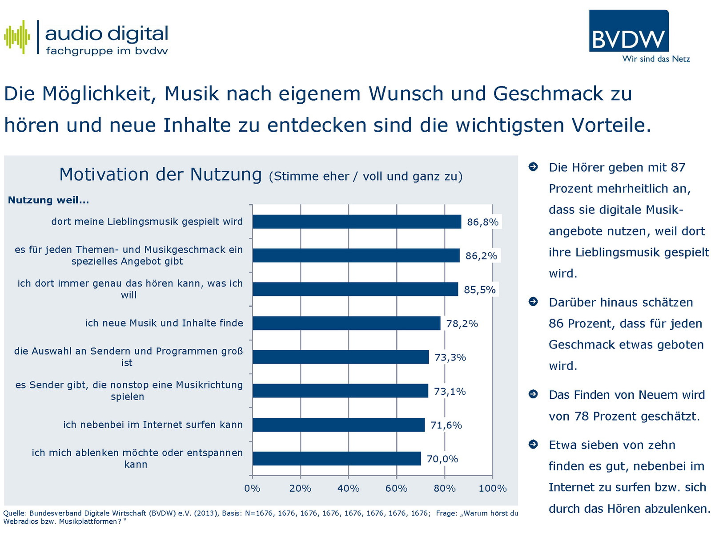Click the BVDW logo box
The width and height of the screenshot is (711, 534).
628,31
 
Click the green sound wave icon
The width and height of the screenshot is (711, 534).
17,37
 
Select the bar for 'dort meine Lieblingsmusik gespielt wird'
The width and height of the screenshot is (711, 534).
357,222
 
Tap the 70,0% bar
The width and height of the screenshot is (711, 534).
337,458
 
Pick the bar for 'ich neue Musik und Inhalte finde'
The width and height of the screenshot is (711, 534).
346,323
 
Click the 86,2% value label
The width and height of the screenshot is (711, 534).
481,256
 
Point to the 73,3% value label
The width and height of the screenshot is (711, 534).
450,357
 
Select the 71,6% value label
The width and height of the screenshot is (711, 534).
446,425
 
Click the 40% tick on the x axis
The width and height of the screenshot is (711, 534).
348,489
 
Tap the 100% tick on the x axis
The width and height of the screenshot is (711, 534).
493,489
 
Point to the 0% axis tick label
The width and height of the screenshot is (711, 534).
252,489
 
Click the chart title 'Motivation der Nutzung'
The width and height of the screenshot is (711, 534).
161,174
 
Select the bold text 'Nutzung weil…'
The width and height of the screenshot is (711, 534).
48,200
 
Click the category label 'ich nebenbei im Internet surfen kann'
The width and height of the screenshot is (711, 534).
153,425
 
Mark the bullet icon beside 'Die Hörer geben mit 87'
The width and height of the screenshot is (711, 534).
533,167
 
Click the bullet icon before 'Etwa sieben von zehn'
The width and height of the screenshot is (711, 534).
533,444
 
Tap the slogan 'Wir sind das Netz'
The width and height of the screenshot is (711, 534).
656,59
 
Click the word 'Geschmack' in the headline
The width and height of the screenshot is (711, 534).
548,94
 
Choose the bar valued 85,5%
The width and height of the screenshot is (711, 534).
355,289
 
